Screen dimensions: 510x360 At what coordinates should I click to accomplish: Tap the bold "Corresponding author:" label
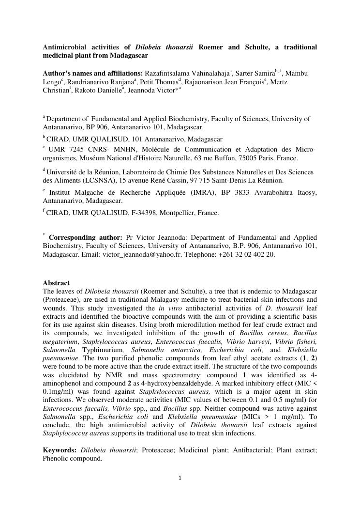pos(86,238)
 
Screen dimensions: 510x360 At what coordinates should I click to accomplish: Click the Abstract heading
pos(56,283)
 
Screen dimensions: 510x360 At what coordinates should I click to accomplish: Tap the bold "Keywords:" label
pos(60,450)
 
